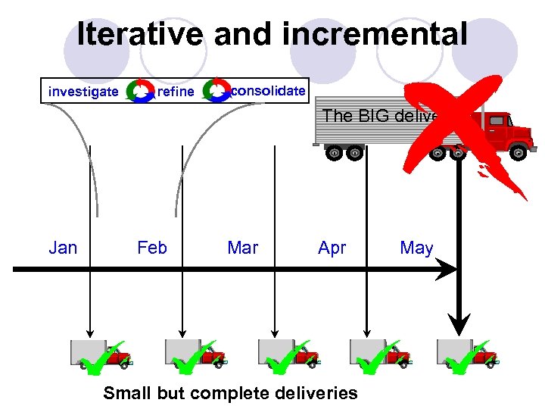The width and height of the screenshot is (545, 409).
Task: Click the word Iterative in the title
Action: [141, 34]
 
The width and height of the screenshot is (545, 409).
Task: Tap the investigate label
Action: [83, 92]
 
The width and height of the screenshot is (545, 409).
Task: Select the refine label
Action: [175, 92]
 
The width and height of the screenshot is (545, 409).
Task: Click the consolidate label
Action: [268, 91]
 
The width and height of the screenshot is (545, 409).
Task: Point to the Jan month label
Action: [63, 248]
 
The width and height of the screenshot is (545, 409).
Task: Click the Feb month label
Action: [152, 248]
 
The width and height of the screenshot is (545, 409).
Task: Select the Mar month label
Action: [242, 248]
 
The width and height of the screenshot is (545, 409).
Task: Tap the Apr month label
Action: [332, 248]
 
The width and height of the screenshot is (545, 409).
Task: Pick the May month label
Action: [416, 248]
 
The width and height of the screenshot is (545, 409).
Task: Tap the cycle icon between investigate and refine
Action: [139, 92]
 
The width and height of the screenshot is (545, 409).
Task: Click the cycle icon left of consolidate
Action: [218, 91]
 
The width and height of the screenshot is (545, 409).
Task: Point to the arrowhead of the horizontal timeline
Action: [450, 268]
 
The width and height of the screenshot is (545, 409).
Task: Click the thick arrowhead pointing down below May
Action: [459, 326]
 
